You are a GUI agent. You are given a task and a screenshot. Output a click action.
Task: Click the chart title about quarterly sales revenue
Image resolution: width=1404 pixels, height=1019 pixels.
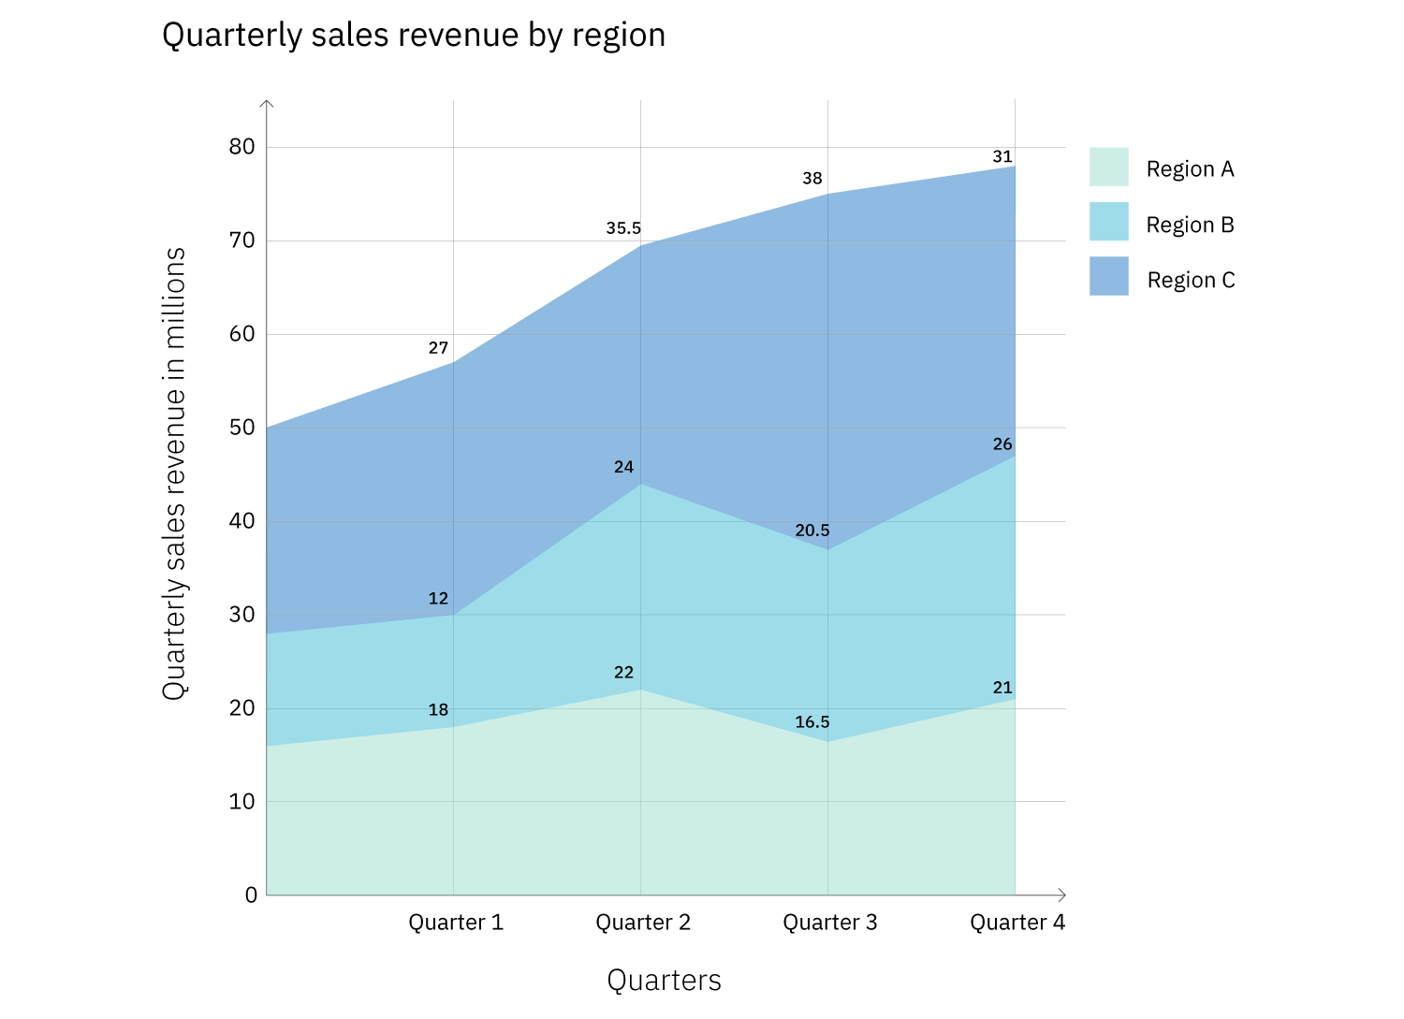click(413, 36)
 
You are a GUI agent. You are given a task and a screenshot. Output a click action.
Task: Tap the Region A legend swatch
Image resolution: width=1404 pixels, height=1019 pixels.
click(1108, 167)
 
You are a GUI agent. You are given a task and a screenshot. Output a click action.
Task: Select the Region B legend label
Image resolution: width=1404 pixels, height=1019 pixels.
click(1190, 225)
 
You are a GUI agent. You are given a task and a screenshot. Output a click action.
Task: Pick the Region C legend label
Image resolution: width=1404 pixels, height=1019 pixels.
click(1191, 280)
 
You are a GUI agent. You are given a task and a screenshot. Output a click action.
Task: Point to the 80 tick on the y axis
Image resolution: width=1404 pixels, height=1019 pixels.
click(241, 146)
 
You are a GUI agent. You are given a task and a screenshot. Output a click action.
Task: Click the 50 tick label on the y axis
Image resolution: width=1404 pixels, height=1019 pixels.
click(241, 427)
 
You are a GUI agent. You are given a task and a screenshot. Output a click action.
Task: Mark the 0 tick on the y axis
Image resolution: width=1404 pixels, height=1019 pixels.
click(251, 895)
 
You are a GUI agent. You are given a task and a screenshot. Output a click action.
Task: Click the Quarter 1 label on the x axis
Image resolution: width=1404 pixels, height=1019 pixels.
click(456, 923)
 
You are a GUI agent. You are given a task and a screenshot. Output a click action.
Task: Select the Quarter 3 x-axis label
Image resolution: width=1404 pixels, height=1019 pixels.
click(830, 923)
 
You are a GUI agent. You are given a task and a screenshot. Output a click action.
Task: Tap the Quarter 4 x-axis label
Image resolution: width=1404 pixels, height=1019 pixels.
click(1017, 923)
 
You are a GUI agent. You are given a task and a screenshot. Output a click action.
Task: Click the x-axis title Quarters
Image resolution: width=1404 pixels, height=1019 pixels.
click(664, 980)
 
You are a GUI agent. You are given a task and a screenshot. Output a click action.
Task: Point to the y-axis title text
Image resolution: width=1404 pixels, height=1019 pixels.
click(174, 473)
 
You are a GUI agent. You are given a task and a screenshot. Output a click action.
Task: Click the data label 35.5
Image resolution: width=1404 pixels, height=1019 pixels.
click(623, 228)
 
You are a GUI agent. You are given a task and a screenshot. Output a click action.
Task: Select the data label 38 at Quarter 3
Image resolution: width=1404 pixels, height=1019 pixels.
click(812, 178)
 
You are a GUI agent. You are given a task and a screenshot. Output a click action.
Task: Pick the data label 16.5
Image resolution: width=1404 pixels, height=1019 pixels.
click(812, 722)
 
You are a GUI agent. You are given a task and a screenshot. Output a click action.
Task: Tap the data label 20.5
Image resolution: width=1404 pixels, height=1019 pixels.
click(812, 531)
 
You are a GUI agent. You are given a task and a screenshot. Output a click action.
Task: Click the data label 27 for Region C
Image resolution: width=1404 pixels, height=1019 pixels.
click(438, 348)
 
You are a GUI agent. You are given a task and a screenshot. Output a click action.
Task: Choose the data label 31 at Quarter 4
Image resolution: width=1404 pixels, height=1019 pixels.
click(1002, 156)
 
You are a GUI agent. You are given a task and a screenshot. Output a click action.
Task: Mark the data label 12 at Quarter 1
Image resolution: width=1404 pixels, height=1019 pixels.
click(438, 599)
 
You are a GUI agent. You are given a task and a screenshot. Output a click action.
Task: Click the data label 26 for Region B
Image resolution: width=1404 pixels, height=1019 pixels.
click(1002, 444)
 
